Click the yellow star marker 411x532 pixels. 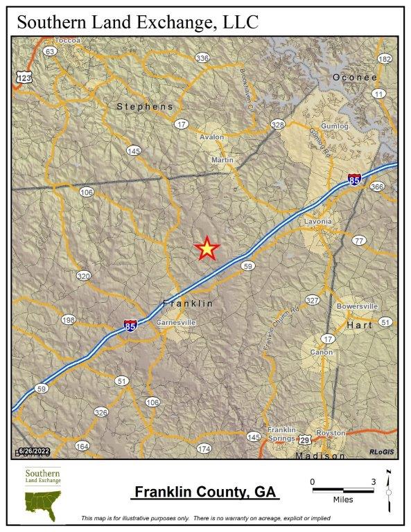coord(207,248)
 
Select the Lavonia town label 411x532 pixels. coord(318,222)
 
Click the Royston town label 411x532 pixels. coord(330,433)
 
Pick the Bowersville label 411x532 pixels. coord(357,305)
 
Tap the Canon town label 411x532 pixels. coord(322,352)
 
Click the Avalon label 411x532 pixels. coord(211,137)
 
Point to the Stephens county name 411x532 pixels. coord(145,106)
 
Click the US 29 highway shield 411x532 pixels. coord(305,440)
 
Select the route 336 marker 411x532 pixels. coord(202,57)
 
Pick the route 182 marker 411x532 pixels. coord(385,59)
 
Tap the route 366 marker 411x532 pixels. coord(377,186)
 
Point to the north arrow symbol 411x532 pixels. coord(389,488)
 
